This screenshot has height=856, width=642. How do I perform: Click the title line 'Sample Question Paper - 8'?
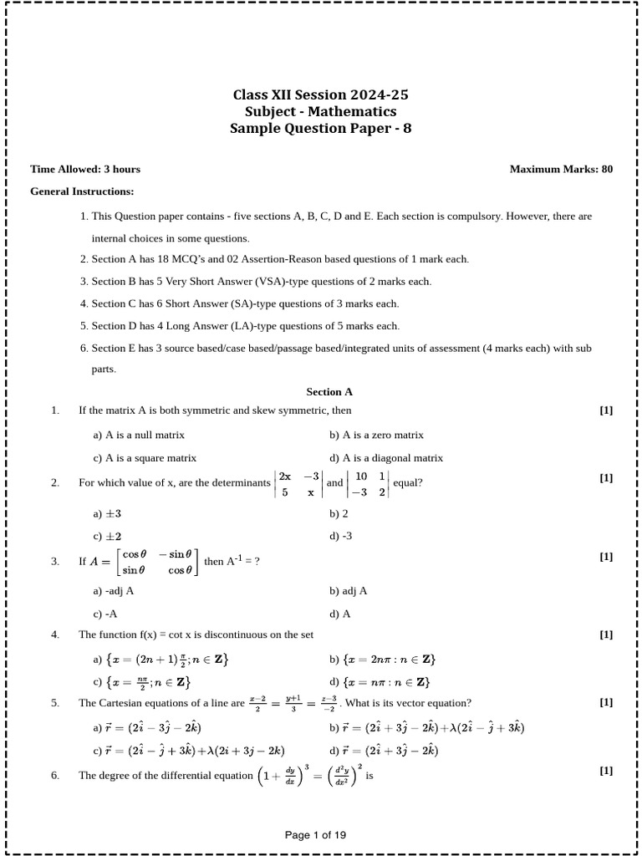(x=321, y=129)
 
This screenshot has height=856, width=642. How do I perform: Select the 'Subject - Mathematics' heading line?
(x=321, y=112)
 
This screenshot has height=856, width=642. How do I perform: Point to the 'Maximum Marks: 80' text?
(x=561, y=169)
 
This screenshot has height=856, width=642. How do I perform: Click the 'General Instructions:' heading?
(x=82, y=191)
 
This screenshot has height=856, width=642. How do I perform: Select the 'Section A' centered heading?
(x=329, y=391)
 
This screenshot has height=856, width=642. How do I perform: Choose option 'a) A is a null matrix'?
(x=139, y=435)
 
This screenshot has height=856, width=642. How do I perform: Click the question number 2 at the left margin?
(x=55, y=482)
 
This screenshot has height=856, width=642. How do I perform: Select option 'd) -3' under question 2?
(x=340, y=536)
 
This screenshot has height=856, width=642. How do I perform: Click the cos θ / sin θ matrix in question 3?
(x=157, y=562)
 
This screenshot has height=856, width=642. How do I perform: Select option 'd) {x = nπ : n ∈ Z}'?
(x=380, y=682)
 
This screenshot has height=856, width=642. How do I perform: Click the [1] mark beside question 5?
(x=606, y=702)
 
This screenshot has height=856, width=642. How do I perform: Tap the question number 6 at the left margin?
(x=55, y=775)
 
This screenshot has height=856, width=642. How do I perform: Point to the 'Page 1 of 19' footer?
(x=315, y=834)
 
